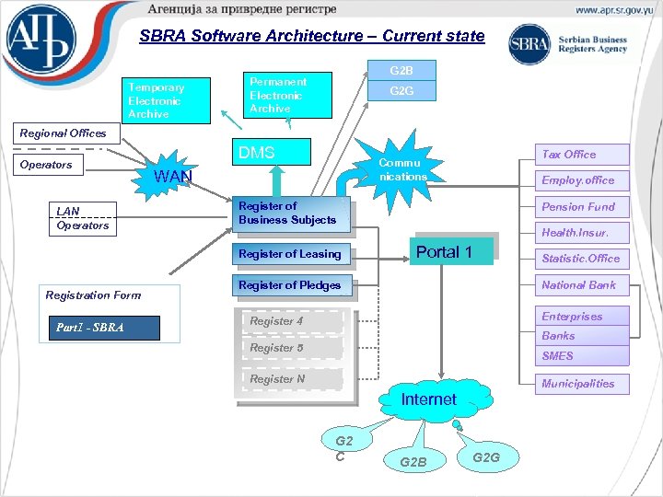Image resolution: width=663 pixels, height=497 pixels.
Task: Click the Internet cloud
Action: pos(428,400)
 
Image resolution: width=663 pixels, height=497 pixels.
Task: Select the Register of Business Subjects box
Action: pos(289,214)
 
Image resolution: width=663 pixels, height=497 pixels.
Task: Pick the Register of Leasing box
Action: pos(289,254)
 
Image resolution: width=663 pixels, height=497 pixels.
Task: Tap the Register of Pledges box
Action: pos(289,285)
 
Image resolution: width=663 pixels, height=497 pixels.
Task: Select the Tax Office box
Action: pos(583,155)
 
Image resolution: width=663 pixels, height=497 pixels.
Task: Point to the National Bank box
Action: pos(583,285)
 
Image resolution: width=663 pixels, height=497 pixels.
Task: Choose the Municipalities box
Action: pos(583,384)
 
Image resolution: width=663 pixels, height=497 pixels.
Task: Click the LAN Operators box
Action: pos(83,219)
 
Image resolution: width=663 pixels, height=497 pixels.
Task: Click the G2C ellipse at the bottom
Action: pos(343,448)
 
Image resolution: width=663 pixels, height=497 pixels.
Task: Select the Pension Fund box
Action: pos(583,207)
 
